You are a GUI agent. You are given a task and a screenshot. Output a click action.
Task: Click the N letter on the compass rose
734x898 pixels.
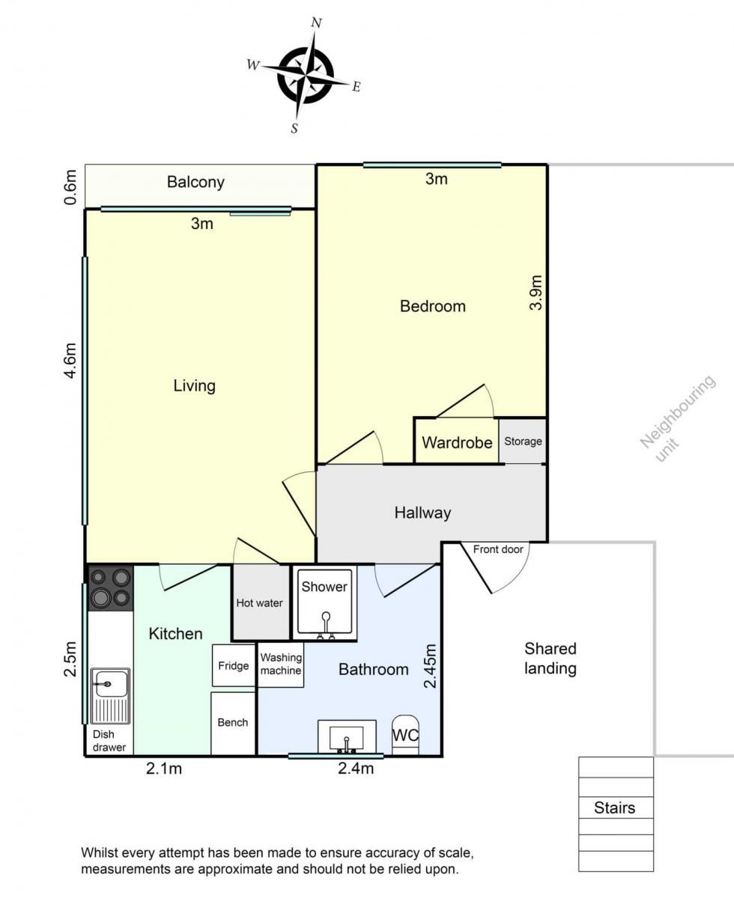pos(316,22)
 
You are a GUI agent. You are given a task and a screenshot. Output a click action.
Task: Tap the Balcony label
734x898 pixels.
pos(195,183)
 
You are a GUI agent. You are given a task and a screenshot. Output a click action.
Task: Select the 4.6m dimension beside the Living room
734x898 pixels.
pos(70,360)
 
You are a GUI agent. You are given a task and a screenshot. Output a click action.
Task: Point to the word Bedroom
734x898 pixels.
pos(433,306)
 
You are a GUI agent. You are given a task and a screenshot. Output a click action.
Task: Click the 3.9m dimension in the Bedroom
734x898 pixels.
pos(536,293)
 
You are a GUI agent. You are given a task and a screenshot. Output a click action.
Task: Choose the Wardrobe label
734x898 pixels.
pos(457,443)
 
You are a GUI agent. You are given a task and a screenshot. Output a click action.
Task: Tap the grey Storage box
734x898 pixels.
pos(523,441)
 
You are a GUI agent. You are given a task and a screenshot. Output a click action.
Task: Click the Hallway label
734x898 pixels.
pos(422,513)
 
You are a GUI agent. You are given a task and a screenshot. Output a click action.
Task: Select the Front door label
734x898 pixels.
pos(498,549)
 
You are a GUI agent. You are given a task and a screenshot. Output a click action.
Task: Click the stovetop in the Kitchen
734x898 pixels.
pos(110,588)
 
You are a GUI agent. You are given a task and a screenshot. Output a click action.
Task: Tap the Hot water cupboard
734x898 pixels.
pos(261,602)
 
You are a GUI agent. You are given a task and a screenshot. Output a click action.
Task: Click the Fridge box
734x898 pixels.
pos(234,665)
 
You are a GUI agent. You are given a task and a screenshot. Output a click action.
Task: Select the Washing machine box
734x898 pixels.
pos(281,665)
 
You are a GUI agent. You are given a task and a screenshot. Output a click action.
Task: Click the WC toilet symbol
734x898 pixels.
pos(405,735)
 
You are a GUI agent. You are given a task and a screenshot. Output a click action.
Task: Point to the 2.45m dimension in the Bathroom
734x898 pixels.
pos(430,666)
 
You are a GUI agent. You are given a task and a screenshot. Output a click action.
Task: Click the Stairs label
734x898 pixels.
pos(615,807)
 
